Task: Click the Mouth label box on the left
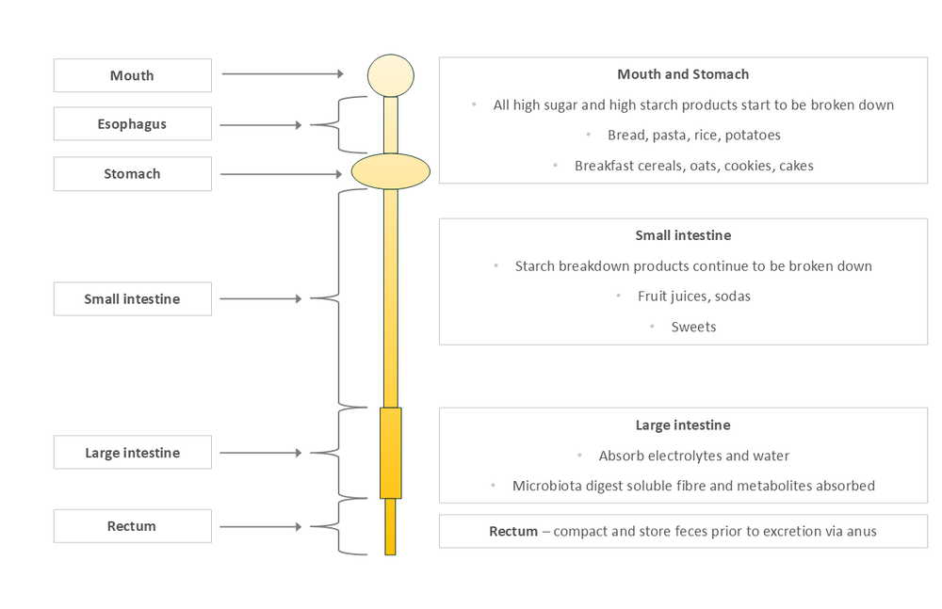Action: tap(132, 75)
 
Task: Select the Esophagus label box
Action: tap(132, 124)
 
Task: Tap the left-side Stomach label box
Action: tap(132, 174)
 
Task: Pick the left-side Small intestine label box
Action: tap(132, 299)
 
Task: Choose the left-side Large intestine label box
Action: tap(132, 453)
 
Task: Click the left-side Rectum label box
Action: tap(132, 526)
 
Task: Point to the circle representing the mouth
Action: tap(391, 75)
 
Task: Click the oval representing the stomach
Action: tap(391, 170)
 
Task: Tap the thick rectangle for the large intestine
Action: tap(391, 453)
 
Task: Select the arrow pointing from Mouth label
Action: tap(283, 73)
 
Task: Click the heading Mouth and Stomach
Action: tap(683, 74)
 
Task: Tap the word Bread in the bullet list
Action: tap(626, 136)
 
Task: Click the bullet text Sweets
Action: tap(693, 328)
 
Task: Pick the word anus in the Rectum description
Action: tap(861, 532)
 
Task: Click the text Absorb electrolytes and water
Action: tap(694, 457)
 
